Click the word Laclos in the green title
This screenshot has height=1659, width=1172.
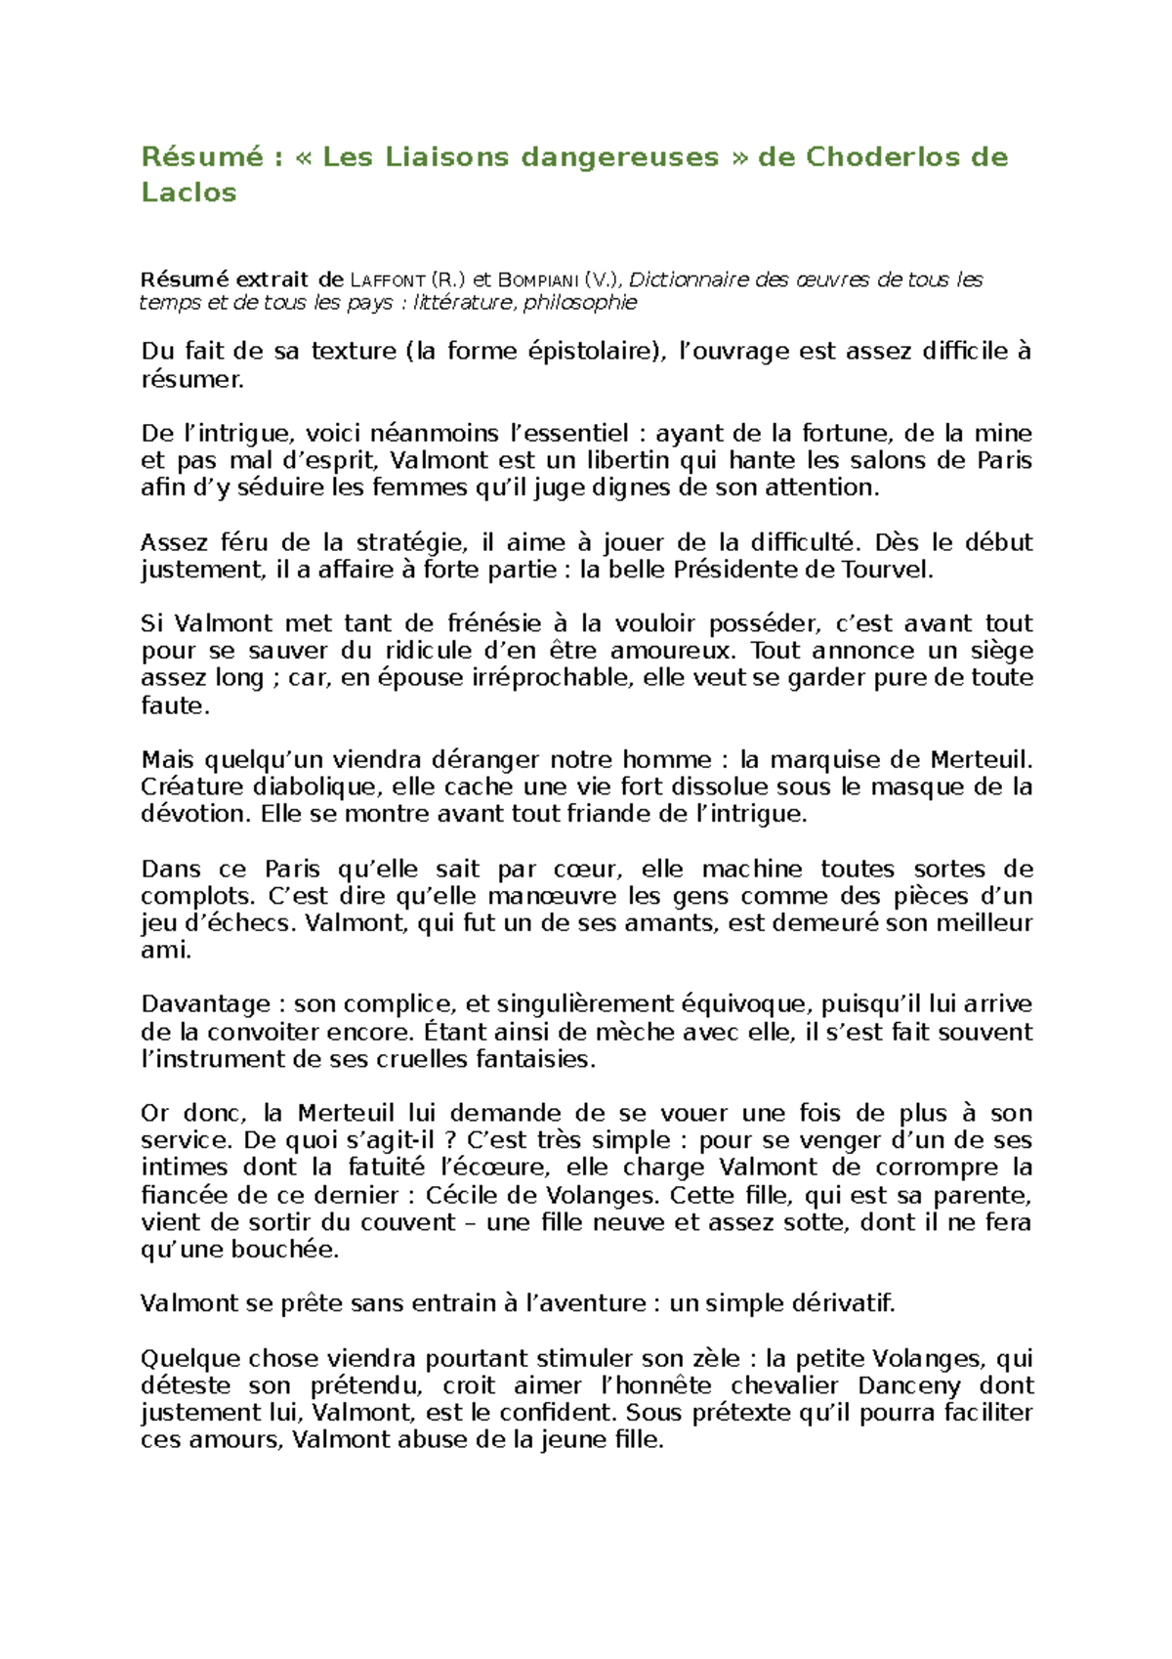point(188,192)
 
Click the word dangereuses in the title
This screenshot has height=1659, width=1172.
point(619,157)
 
